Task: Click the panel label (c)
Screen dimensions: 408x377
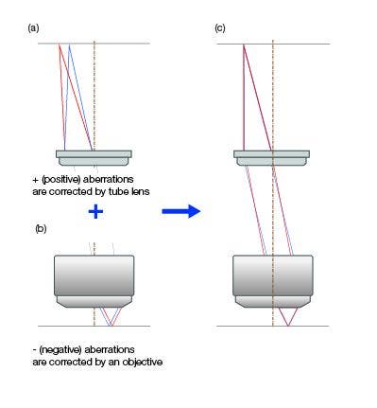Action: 219,28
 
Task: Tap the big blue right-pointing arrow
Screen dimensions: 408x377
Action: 181,211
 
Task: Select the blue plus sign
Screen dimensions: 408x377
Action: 94,212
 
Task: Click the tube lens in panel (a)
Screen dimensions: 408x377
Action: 94,154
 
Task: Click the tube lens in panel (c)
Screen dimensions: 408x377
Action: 272,154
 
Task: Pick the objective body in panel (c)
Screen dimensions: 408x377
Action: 273,275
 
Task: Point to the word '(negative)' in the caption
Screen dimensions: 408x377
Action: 58,349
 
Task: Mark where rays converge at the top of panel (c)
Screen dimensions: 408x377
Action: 243,44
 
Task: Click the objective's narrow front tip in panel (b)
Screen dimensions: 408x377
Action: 94,302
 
